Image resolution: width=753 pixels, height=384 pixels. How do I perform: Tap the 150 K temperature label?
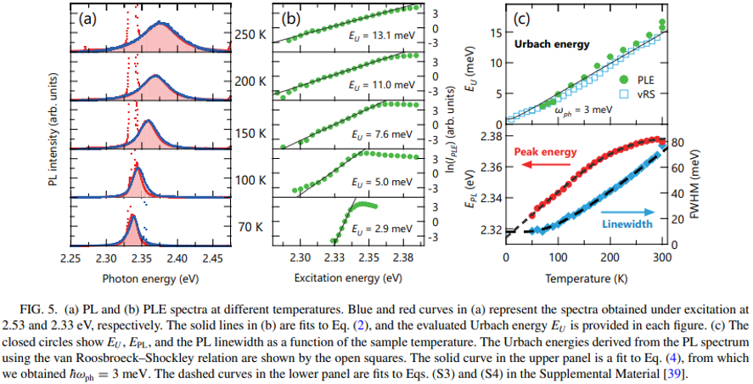pos(250,134)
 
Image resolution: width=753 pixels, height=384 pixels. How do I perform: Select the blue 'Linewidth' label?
pos(631,224)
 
